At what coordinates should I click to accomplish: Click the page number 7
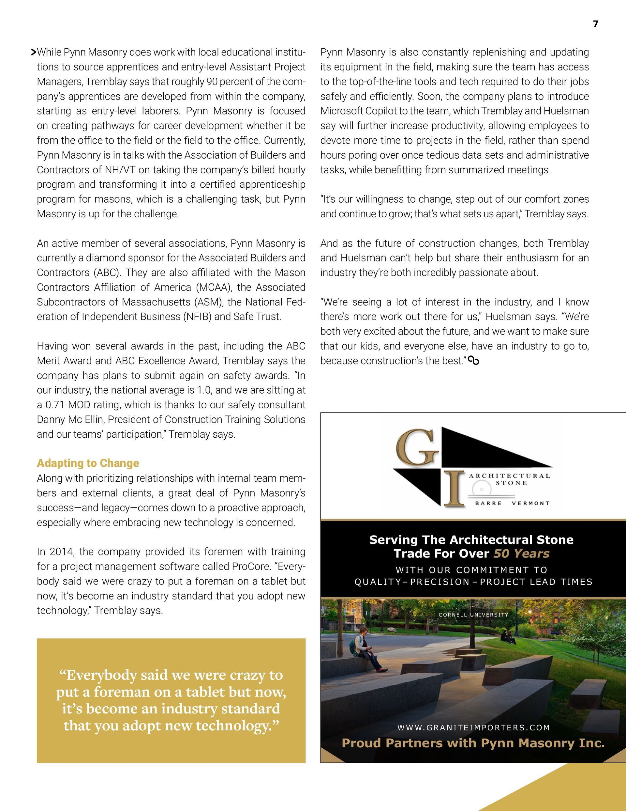coord(596,24)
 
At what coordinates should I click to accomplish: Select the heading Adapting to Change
coord(88,463)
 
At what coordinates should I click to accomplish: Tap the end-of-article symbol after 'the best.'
coord(473,360)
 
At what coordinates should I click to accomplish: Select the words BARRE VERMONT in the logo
coord(512,503)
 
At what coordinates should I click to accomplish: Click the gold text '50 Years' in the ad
coord(521,554)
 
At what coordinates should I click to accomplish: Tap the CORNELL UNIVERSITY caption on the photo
coord(473,615)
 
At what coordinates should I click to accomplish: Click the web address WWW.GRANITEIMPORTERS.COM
coord(473,728)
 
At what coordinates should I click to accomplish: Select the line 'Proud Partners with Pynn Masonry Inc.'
coord(473,743)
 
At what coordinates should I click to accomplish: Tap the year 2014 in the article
coord(61,552)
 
